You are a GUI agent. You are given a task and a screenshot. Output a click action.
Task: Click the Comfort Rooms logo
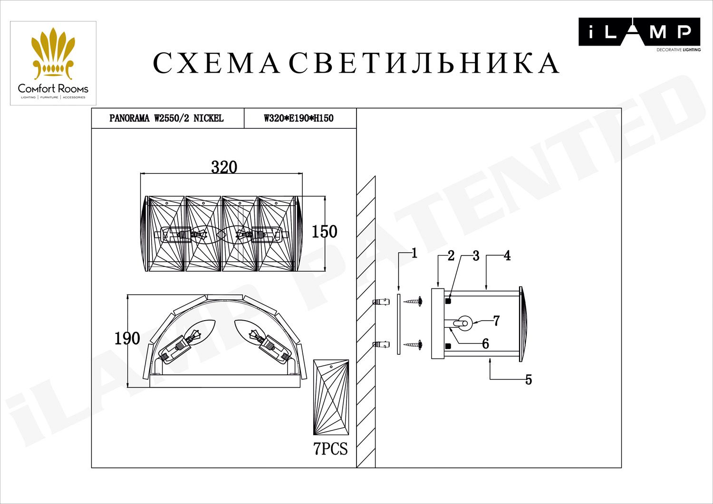[53, 63]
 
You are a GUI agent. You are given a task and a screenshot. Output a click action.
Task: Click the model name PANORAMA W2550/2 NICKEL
[166, 118]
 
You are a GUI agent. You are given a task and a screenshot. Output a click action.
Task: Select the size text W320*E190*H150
[299, 118]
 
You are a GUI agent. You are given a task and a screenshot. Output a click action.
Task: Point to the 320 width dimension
[224, 167]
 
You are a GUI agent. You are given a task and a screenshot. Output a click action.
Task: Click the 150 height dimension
[324, 232]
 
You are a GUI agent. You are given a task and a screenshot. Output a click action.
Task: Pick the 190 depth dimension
[127, 338]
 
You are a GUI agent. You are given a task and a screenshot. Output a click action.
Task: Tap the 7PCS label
[330, 449]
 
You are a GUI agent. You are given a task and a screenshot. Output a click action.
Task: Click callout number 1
[414, 254]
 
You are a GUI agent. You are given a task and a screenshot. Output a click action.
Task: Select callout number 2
[451, 256]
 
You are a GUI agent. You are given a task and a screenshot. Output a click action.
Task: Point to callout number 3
[476, 257]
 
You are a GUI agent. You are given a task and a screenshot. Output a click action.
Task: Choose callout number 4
[507, 256]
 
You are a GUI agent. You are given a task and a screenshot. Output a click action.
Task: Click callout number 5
[528, 380]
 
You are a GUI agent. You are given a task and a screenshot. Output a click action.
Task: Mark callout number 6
[485, 344]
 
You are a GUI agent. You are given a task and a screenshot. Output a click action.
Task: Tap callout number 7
[496, 321]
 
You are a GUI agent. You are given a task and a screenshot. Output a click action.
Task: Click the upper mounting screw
[414, 301]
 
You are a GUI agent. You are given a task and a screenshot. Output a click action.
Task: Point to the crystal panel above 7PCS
[331, 398]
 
